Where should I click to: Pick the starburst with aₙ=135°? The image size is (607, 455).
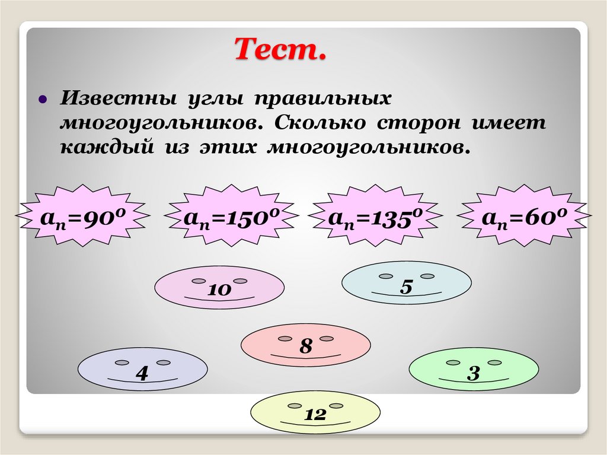(x=375, y=218)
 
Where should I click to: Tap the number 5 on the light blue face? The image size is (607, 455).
(x=406, y=287)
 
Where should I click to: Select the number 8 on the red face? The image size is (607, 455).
(x=305, y=346)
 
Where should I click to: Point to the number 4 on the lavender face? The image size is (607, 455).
(x=142, y=373)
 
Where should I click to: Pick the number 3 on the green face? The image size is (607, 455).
(x=473, y=373)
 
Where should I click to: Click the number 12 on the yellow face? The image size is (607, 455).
(x=316, y=415)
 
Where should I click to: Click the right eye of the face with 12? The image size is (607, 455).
(x=336, y=406)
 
